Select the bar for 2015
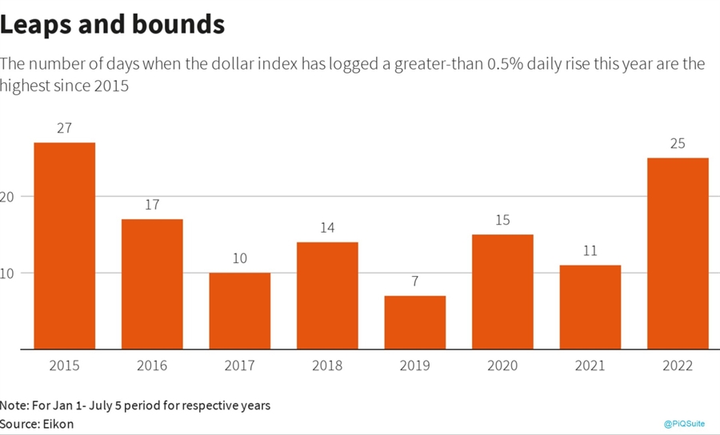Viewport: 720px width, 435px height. coord(64,245)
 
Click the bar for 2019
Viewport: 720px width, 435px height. coord(414,322)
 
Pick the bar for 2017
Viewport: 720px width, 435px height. coord(239,311)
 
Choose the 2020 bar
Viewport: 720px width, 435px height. coord(502,292)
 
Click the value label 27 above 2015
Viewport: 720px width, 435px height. coord(64,128)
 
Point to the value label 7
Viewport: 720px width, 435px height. coord(414,281)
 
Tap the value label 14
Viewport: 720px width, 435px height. coord(327,227)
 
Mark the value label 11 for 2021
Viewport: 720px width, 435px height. coord(590,250)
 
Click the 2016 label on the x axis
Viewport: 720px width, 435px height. coord(152,365)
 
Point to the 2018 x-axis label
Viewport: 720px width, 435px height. coord(327,365)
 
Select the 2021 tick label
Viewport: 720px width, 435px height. coord(590,365)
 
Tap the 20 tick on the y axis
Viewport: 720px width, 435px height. coord(6,197)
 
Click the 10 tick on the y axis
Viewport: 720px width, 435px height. coord(6,273)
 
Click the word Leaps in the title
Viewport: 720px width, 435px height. coord(41,25)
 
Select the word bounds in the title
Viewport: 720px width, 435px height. coord(182,25)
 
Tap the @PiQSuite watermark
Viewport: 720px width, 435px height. coord(684,424)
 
